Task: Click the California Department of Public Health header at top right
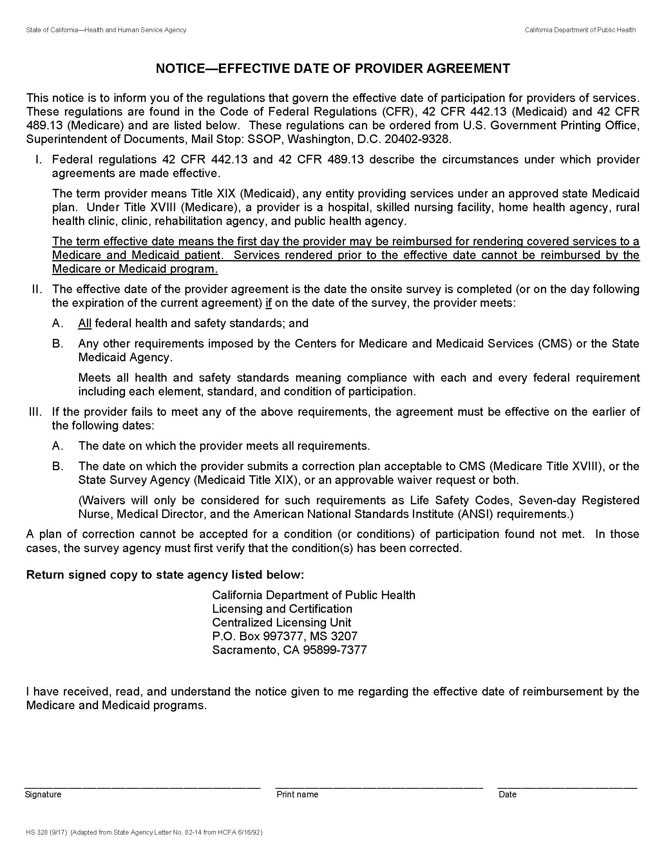pos(579,30)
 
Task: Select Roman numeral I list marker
pos(38,159)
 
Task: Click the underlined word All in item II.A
pos(85,323)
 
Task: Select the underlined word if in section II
pos(269,303)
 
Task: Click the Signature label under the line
pos(43,794)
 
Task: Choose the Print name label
pos(297,794)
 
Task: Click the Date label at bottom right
pos(507,794)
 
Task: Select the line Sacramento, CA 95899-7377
pos(289,650)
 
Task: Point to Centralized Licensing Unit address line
pos(281,623)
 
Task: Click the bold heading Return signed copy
pos(165,575)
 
